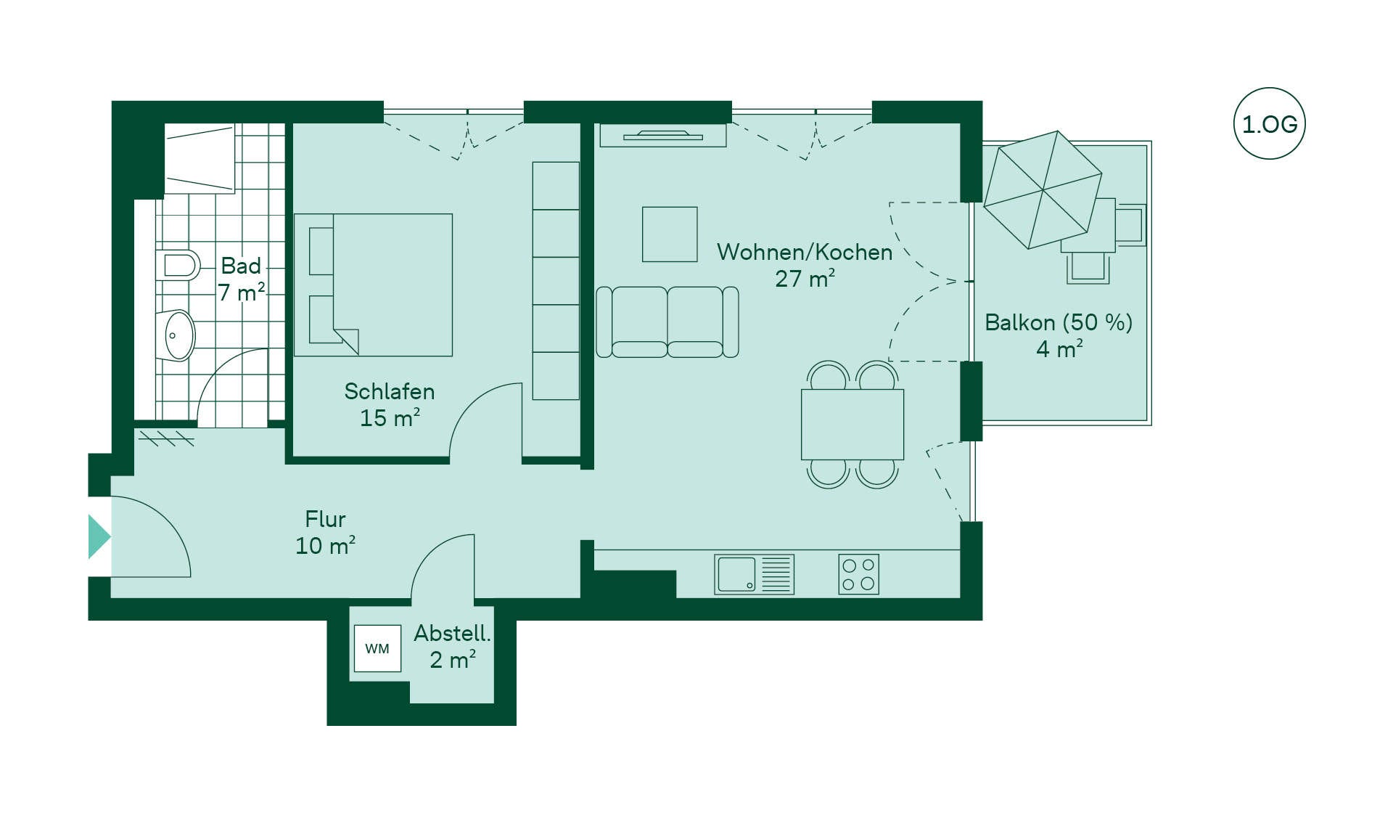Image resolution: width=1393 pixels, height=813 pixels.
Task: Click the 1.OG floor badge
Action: click(1269, 123)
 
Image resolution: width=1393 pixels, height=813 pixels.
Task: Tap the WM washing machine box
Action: click(377, 648)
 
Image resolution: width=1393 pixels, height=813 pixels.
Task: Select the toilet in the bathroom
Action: click(178, 266)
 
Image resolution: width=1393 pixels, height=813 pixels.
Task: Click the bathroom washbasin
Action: click(176, 335)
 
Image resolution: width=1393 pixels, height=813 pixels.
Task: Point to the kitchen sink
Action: click(754, 574)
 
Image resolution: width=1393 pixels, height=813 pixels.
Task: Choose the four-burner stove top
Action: click(858, 574)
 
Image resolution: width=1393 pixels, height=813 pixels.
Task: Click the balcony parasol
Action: click(1043, 190)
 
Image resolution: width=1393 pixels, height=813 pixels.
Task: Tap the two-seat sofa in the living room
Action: click(667, 322)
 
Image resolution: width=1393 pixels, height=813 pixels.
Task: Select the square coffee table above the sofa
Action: click(670, 234)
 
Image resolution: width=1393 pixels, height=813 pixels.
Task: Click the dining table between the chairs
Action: click(852, 424)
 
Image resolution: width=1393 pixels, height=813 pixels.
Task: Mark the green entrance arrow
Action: click(99, 536)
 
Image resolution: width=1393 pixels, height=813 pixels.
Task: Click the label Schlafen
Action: click(390, 391)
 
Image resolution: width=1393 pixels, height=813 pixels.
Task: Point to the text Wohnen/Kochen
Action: click(805, 252)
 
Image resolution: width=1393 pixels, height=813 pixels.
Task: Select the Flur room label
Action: click(325, 519)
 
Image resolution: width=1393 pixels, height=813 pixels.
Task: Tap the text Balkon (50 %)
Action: click(1059, 322)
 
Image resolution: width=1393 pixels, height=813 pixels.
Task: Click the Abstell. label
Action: click(452, 633)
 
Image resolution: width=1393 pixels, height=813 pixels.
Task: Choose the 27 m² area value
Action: click(805, 279)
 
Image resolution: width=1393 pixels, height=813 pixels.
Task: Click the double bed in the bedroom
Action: click(373, 285)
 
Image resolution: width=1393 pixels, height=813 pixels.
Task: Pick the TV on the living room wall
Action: click(663, 135)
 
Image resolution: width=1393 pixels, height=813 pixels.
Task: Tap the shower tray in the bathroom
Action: click(200, 158)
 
